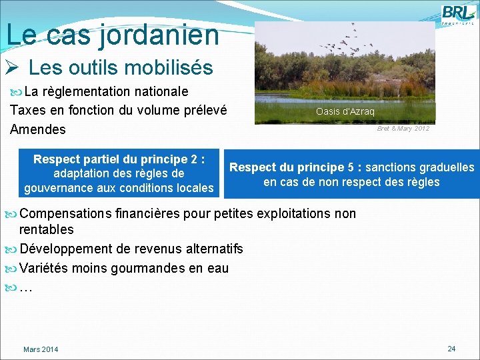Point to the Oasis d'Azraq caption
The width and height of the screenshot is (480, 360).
point(345,111)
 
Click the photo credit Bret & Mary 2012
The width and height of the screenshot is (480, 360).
point(403,128)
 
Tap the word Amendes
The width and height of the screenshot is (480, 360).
point(38,129)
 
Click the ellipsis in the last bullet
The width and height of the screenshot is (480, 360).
point(26,288)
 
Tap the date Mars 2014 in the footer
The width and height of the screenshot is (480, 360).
point(41,349)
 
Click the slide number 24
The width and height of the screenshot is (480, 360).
point(451,349)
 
